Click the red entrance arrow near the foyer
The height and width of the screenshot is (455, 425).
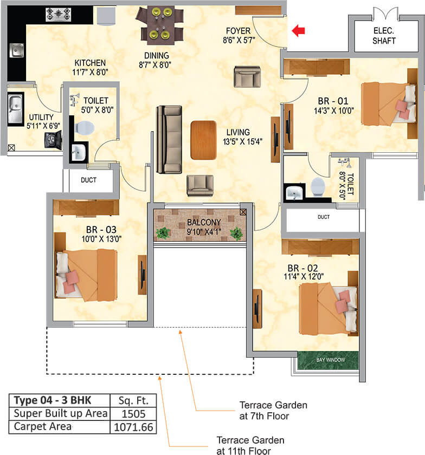(x=298, y=31)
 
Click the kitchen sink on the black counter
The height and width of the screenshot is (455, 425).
(x=16, y=51)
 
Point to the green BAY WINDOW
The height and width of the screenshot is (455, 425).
(x=327, y=359)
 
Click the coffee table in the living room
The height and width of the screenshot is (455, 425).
(x=203, y=140)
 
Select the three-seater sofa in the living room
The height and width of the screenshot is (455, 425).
(x=168, y=139)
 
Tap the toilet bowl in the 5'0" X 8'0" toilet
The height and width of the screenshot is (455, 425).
(x=85, y=128)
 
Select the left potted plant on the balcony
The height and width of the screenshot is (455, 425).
(x=163, y=233)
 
